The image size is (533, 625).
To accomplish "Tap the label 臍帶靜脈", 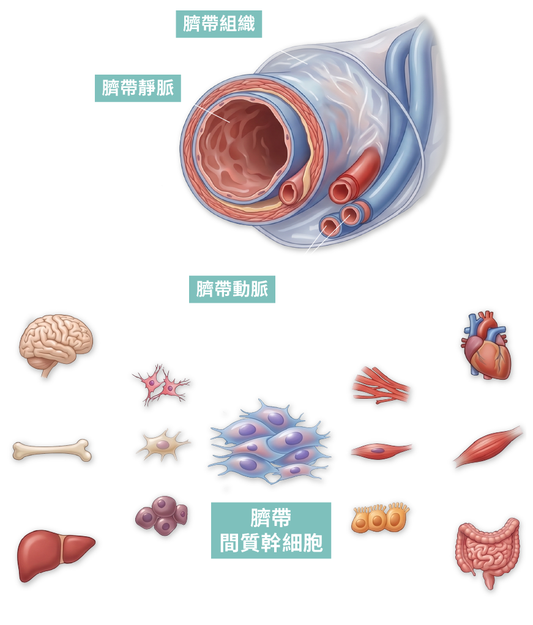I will tap(138, 89).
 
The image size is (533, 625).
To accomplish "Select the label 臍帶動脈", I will tap(232, 289).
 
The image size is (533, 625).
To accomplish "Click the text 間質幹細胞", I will tap(271, 543).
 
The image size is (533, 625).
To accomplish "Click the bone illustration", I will tap(52, 451).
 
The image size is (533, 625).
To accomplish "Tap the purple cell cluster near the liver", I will tap(161, 515).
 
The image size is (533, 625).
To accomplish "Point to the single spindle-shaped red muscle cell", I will tap(380, 451).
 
